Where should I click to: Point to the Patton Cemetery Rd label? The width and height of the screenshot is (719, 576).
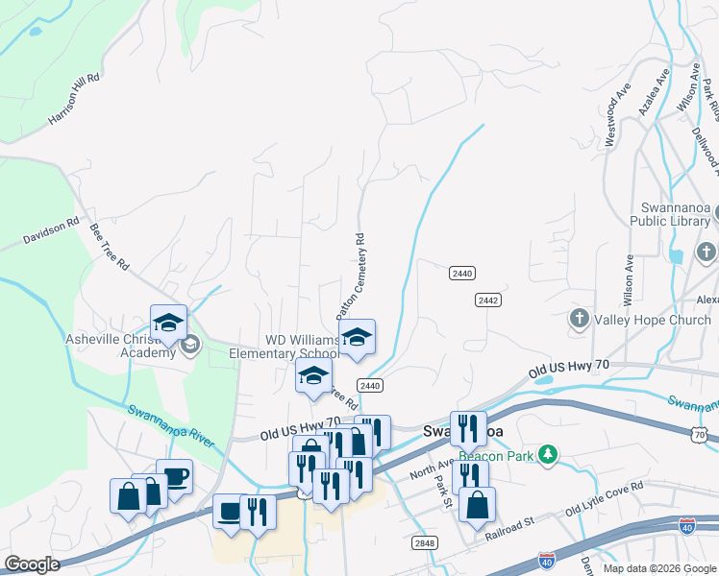(x=351, y=277)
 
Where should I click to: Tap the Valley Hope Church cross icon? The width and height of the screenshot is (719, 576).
(x=579, y=320)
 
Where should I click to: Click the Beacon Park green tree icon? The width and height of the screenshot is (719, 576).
(x=548, y=452)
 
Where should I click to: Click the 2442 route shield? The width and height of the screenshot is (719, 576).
(x=486, y=300)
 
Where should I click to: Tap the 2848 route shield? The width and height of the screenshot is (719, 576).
(x=424, y=543)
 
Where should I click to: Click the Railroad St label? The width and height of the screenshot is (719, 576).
(x=508, y=528)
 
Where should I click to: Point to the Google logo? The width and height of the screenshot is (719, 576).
(x=33, y=564)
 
